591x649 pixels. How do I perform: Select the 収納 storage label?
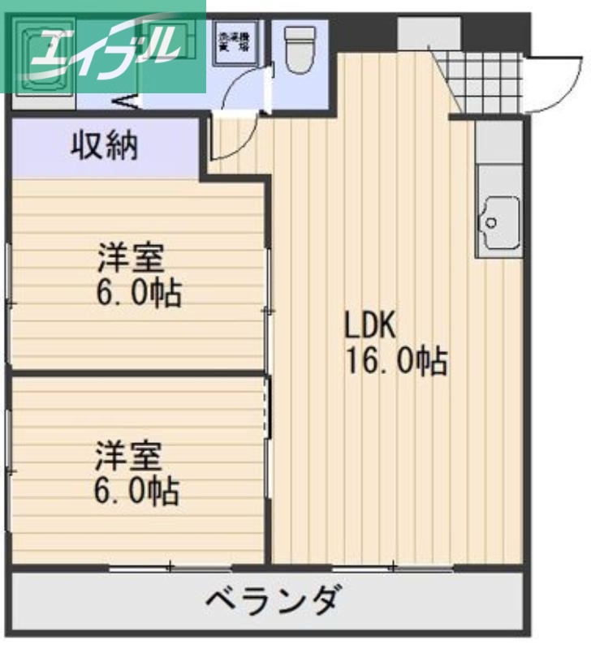105,147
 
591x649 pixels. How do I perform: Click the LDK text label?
369,326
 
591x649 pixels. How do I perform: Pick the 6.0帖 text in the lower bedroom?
137,490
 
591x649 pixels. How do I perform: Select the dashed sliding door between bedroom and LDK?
267,411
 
